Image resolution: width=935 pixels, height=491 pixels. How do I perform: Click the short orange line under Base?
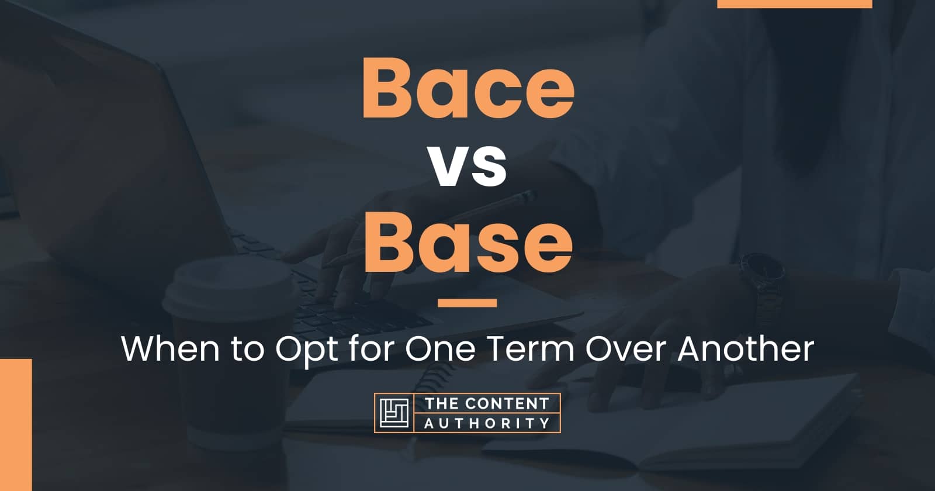coord(467,303)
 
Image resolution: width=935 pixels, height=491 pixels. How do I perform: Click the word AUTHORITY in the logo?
coord(486,423)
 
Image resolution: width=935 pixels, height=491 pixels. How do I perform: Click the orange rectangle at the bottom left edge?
coord(15,424)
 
